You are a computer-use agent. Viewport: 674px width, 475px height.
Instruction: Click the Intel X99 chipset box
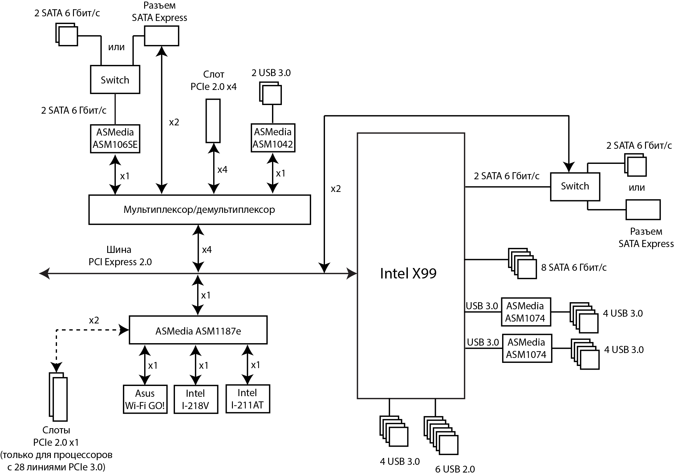point(411,266)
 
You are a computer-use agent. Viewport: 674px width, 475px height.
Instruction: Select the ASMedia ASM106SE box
point(115,139)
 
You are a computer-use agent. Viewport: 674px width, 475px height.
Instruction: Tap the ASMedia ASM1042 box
point(273,138)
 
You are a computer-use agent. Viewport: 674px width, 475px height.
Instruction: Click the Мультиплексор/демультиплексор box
point(199,209)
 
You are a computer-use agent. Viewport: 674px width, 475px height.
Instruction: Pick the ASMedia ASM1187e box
point(198,330)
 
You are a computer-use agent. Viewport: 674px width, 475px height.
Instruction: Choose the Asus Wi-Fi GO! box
point(145,399)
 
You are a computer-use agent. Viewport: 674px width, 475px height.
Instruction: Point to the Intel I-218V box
point(196,399)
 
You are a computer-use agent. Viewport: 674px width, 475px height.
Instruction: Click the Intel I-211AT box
point(248,399)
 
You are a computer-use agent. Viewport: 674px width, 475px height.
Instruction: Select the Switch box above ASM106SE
point(115,79)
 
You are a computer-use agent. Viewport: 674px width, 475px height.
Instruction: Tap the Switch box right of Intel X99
point(575,187)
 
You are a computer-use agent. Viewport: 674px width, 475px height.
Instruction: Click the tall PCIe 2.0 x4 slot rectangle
point(213,121)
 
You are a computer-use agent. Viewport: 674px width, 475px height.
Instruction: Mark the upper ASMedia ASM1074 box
point(526,312)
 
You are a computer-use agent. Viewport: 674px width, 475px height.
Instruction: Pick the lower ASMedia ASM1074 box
point(527,348)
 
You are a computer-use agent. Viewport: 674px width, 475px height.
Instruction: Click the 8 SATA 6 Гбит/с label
point(574,267)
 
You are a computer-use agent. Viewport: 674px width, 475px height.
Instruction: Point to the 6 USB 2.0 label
point(455,469)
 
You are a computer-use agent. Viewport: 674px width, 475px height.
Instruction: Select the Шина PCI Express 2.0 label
point(120,255)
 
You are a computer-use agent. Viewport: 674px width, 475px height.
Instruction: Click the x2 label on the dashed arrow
point(94,320)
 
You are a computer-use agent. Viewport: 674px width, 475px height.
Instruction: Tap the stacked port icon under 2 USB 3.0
point(270,93)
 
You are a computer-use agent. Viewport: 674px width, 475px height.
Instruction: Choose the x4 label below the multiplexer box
point(207,250)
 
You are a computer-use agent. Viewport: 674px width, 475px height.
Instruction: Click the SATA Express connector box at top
point(162,36)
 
